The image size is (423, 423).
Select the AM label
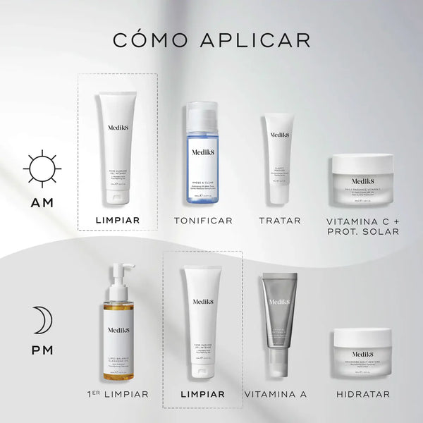point(42,204)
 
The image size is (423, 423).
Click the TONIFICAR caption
point(203,221)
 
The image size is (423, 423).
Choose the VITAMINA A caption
point(277,394)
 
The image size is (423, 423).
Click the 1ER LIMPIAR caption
point(116,394)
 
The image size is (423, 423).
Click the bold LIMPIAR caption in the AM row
point(118,221)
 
